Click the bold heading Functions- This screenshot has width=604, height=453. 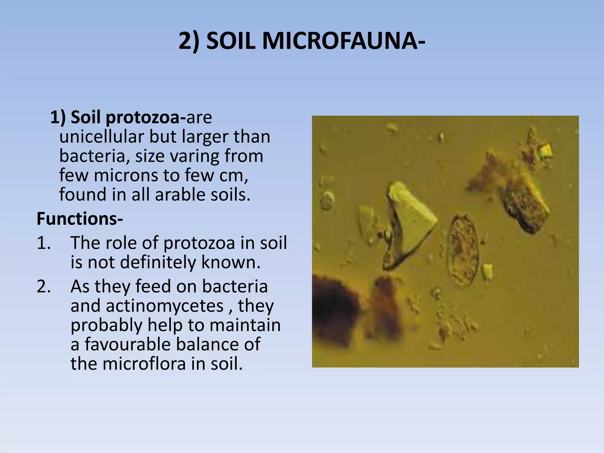click(80, 219)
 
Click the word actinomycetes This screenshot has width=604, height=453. click(165, 306)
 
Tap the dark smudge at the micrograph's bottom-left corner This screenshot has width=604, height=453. click(333, 313)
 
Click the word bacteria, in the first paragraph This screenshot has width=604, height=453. click(95, 156)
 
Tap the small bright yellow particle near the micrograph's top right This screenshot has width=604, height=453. click(546, 151)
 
